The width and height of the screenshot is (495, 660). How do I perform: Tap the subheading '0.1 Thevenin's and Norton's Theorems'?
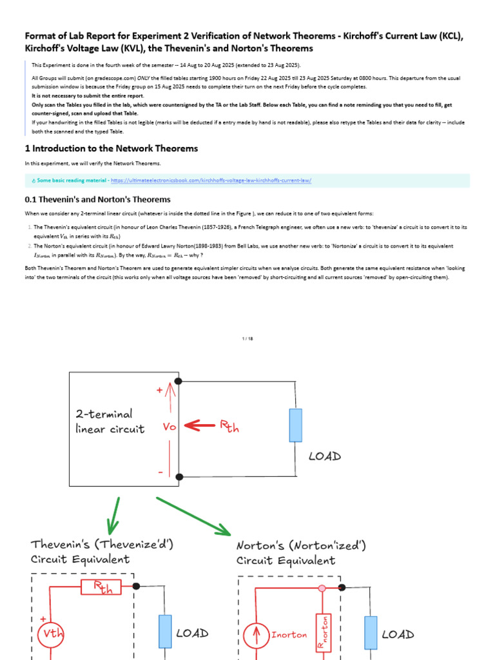click(97, 199)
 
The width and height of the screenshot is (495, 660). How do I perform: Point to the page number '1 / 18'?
click(247, 338)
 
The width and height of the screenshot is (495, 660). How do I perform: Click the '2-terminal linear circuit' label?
click(110, 422)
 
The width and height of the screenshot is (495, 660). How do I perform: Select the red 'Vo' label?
click(170, 426)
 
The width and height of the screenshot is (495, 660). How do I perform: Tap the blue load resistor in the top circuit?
click(295, 425)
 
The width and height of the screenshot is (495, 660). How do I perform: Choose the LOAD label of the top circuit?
click(324, 456)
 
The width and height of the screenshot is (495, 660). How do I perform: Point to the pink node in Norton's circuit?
click(321, 588)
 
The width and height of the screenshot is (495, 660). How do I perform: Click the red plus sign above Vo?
click(159, 390)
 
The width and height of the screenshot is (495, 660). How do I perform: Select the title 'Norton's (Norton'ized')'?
click(301, 545)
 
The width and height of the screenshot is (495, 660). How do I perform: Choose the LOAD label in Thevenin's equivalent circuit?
click(192, 633)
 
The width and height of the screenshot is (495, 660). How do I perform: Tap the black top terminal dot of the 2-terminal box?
click(179, 382)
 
